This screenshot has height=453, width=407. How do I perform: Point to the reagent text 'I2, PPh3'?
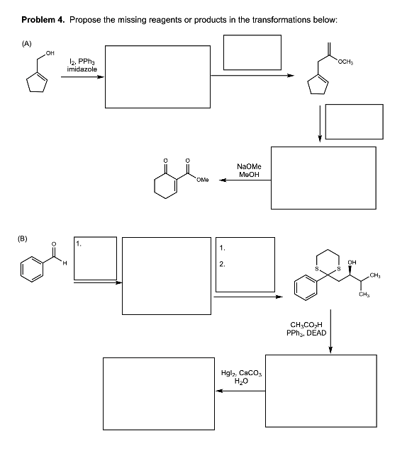(79, 62)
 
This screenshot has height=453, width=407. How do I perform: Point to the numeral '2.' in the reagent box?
(223, 265)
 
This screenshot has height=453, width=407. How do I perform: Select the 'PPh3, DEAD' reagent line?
(303, 332)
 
